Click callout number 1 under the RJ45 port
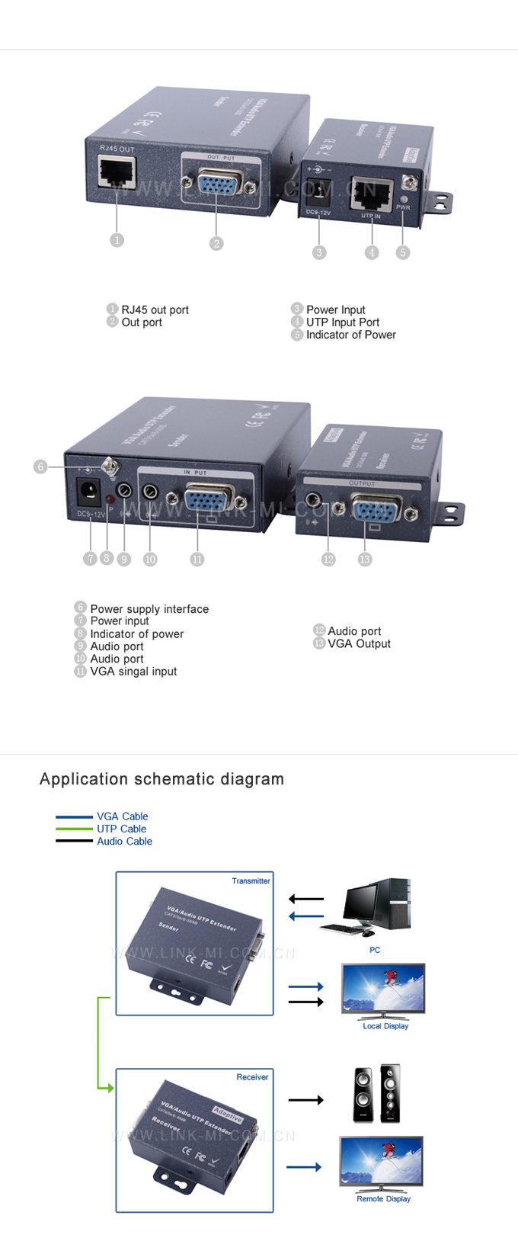point(117,240)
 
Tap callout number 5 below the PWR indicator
point(403,252)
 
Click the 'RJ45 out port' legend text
point(155,309)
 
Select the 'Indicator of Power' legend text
point(350,335)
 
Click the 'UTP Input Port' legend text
point(342,322)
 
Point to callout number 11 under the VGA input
point(197,560)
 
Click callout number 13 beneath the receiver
point(365,560)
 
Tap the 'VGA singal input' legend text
point(133,672)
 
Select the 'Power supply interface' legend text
point(149,609)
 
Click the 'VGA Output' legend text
point(359,643)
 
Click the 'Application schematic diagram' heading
point(161,779)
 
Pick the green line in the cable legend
point(74,829)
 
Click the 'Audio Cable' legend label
point(124,842)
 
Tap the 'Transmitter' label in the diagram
point(251,881)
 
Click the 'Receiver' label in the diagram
point(252,1077)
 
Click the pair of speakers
point(376,1093)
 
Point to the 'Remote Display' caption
point(383,1199)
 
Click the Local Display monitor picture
point(383,990)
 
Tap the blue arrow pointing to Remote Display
point(303,1167)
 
